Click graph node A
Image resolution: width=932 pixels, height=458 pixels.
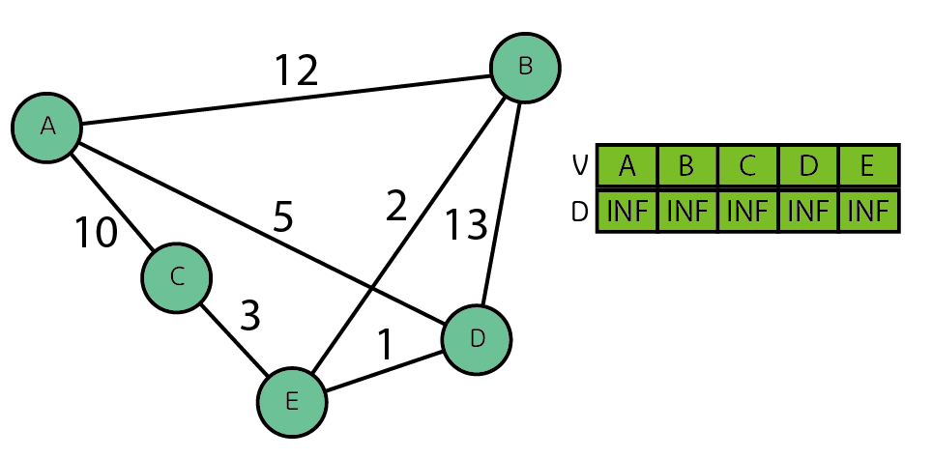tap(46, 127)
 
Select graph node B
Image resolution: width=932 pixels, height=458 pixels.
tap(525, 67)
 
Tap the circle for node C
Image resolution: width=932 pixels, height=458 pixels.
tap(177, 277)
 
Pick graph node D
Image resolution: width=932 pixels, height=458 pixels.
tap(477, 339)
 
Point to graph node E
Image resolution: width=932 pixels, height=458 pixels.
tap(292, 402)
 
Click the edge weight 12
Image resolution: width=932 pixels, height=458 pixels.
tap(296, 71)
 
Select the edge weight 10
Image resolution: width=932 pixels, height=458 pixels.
tap(97, 232)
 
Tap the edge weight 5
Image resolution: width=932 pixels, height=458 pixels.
tap(282, 217)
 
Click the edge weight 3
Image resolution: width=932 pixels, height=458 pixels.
tap(249, 316)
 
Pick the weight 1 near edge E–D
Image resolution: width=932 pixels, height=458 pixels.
tap(385, 345)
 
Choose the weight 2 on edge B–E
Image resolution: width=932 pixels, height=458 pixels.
tap(396, 207)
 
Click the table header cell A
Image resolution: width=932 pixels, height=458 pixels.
tap(627, 166)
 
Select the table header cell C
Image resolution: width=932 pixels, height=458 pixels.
tap(747, 166)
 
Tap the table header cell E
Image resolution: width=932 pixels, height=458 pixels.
tap(867, 166)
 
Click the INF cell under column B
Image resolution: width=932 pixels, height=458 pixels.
tap(687, 212)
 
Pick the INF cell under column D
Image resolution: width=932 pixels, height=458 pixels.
tap(807, 212)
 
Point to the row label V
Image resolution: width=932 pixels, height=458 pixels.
tap(580, 166)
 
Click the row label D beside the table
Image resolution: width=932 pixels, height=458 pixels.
tap(580, 212)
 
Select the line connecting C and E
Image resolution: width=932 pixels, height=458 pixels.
tap(234, 339)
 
